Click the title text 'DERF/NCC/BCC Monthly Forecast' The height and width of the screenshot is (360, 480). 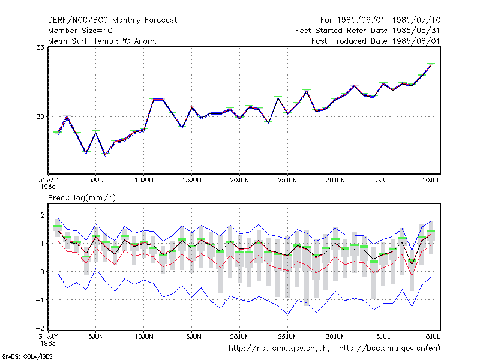(112, 20)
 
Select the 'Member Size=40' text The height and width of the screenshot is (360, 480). (80, 31)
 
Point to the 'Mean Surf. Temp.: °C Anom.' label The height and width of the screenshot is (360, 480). (102, 41)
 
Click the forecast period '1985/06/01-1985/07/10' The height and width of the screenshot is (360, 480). (389, 20)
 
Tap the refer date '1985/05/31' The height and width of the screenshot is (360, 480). (416, 31)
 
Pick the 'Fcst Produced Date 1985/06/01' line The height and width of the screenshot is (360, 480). (376, 41)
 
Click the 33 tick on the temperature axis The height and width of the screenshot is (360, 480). (40, 47)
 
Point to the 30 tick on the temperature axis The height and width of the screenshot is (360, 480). (40, 116)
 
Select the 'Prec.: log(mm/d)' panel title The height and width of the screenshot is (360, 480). (82, 198)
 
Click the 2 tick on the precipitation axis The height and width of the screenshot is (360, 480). (42, 215)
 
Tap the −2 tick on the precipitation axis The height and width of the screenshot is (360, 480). (40, 328)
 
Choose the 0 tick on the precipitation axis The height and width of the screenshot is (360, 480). (42, 272)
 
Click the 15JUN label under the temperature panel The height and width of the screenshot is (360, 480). (191, 181)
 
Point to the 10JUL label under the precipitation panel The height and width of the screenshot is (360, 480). (431, 337)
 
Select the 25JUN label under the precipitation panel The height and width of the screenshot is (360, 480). (287, 337)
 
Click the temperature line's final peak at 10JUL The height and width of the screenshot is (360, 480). (431, 65)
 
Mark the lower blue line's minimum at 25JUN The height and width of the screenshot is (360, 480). (287, 314)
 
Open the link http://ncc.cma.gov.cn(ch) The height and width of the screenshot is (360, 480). (279, 349)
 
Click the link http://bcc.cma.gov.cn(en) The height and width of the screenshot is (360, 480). (389, 349)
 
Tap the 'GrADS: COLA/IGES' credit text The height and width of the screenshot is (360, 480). (27, 356)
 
